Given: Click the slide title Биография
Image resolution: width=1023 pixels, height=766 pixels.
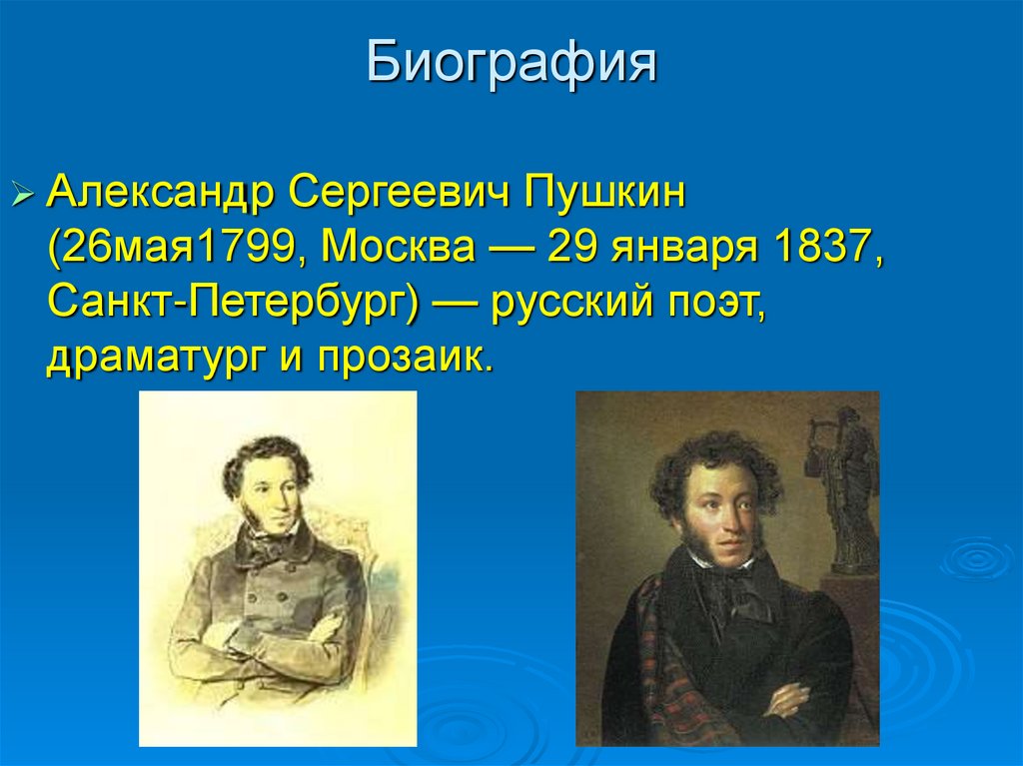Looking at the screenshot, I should (x=511, y=62).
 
